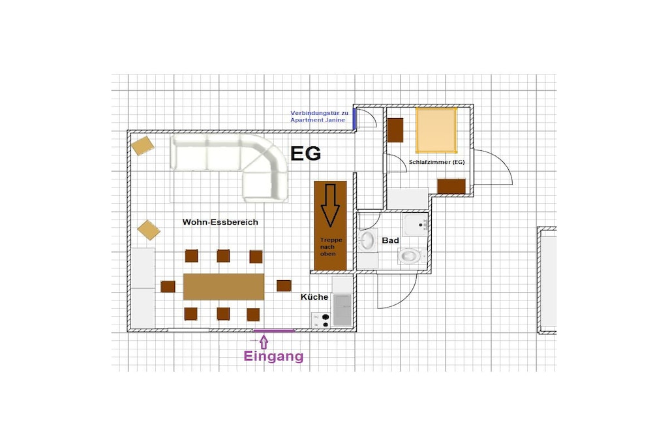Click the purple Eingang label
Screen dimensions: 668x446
tap(273, 356)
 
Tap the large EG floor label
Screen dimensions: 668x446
tap(305, 154)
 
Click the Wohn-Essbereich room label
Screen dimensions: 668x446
tap(220, 222)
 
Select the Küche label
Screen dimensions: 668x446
tap(314, 297)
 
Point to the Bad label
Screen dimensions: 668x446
tap(390, 240)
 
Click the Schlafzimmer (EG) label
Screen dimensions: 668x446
tap(436, 162)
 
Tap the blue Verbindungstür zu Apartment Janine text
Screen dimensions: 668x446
tap(320, 116)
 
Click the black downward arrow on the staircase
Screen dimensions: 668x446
tap(330, 205)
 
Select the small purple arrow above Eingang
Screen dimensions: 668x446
tap(264, 342)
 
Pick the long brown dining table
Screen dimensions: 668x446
tap(224, 287)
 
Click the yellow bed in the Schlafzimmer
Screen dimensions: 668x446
tap(436, 131)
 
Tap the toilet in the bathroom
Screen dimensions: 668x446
tap(411, 256)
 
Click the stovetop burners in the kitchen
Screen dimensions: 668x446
tap(321, 320)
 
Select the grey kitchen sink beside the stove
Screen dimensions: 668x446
tap(342, 310)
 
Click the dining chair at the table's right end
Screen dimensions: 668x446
tap(284, 285)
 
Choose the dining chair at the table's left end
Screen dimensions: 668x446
tap(168, 287)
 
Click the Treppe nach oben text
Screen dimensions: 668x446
tap(331, 247)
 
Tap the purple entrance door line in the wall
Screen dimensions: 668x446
tap(274, 330)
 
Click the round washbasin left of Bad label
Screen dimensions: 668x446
tap(367, 241)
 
